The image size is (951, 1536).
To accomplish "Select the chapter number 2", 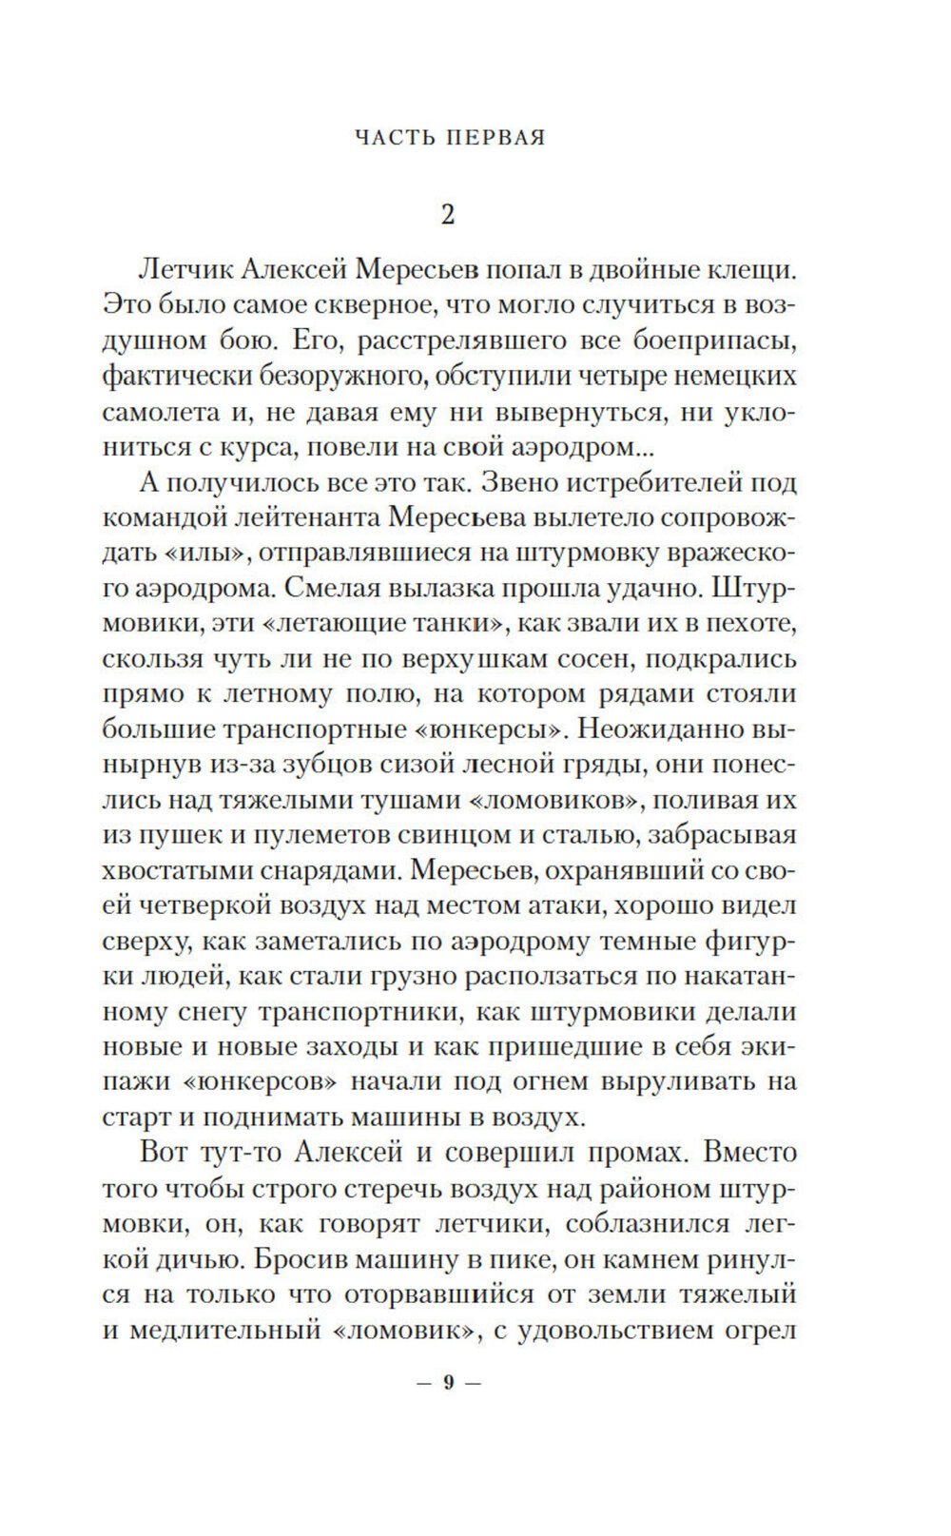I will pos(449,215).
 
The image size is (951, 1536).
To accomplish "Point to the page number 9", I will pos(449,1383).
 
